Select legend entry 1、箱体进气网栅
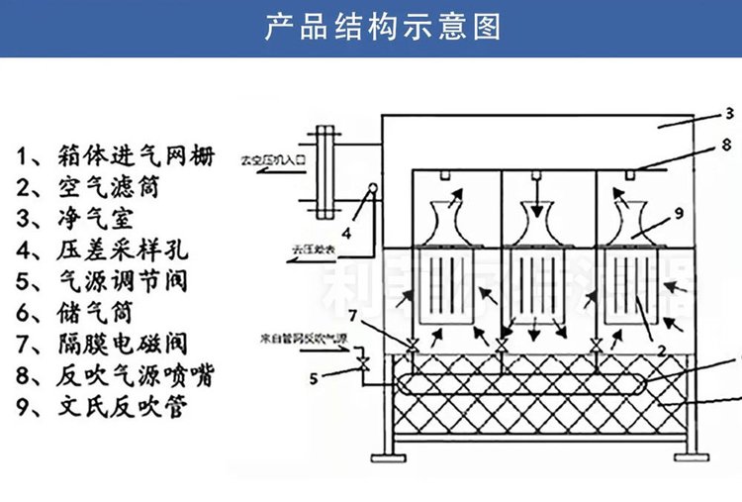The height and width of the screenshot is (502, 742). point(116,154)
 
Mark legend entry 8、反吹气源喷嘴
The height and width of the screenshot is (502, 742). point(116,375)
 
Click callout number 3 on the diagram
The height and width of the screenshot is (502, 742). point(727,112)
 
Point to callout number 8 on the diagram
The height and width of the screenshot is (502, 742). point(725,145)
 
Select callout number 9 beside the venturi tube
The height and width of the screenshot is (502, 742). point(680,211)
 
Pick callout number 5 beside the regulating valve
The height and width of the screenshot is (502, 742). point(316,376)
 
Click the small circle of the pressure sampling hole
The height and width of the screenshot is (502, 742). point(373,187)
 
